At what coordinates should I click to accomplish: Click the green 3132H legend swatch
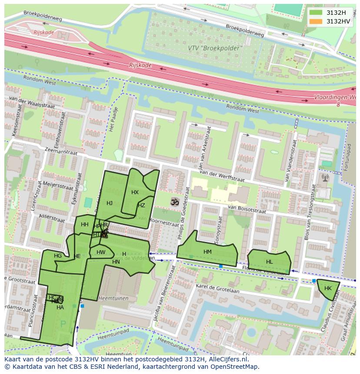(x=316, y=13)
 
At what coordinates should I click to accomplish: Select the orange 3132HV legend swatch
(x=316, y=21)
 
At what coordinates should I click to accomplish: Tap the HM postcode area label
(x=207, y=252)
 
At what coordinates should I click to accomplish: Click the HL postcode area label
(x=270, y=262)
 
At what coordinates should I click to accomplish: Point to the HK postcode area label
(x=328, y=288)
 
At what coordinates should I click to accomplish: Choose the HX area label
(x=135, y=192)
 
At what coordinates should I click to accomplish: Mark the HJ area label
(x=110, y=203)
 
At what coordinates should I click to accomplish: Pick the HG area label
(x=58, y=256)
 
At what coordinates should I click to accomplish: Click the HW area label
(x=101, y=252)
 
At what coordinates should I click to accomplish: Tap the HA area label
(x=60, y=308)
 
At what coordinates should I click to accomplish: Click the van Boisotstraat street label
(x=247, y=210)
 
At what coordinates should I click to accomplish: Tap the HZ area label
(x=141, y=205)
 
